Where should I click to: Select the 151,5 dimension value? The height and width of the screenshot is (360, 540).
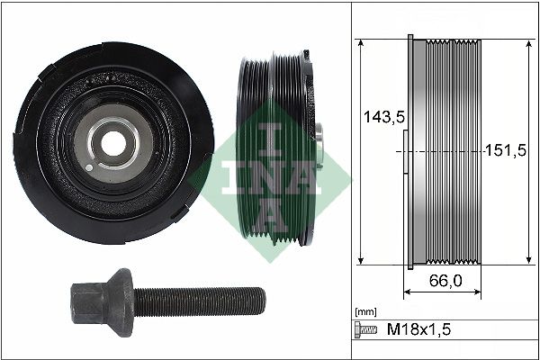(x=504, y=149)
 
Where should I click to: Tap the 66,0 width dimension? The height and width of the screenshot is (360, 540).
(x=444, y=281)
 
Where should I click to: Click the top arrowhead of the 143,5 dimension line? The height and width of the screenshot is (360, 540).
(x=360, y=43)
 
